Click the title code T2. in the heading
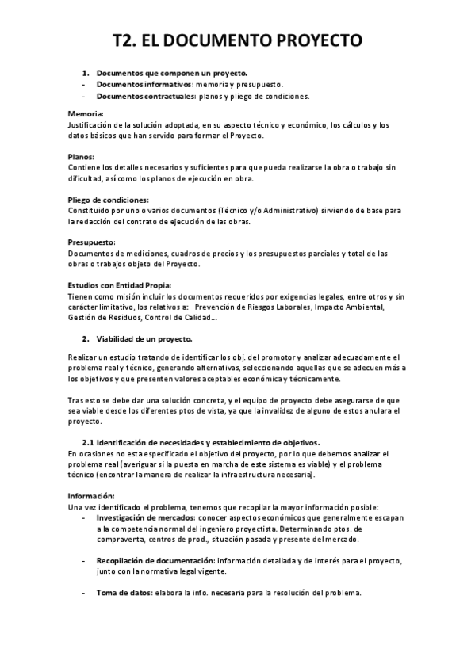(x=127, y=40)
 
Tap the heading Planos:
(x=82, y=157)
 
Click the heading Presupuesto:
(x=92, y=242)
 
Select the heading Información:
(x=92, y=495)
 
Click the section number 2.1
(x=90, y=441)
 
